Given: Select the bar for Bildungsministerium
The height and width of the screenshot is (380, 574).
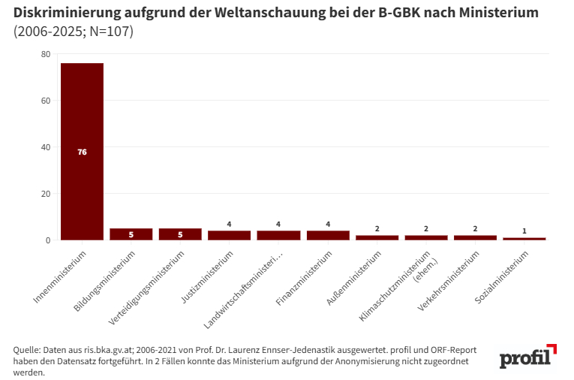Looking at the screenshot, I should coord(131,234).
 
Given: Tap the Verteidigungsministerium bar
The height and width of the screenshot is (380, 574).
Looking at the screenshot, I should coord(180,234).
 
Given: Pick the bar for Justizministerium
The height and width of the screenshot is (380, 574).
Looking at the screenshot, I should coord(230,235).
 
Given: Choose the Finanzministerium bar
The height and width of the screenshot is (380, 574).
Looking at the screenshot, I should coord(328,235).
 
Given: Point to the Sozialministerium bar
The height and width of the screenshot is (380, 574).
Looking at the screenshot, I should coord(524,238).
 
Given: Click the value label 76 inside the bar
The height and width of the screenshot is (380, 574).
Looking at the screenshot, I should coord(82,152).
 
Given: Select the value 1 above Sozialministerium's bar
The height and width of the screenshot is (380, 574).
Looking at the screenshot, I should coord(524,231).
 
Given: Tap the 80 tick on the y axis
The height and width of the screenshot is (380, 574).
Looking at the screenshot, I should coord(46,54).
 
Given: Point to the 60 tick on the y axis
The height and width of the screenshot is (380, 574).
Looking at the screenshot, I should coord(46,101).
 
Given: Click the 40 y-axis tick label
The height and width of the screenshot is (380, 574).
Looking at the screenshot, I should coord(46,147).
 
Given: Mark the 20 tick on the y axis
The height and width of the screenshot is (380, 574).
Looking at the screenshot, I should coord(46,194).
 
